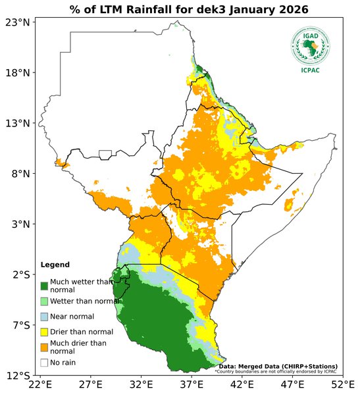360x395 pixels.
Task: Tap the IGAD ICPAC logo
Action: [311, 48]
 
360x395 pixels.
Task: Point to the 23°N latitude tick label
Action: [18, 22]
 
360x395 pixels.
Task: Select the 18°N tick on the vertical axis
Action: [18, 72]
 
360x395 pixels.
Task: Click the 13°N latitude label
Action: [18, 123]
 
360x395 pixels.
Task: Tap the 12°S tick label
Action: [18, 376]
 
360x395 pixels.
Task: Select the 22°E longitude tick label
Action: [39, 384]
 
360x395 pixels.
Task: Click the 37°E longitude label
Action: [192, 384]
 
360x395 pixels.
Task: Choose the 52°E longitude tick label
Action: [342, 384]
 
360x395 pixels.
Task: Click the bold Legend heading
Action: [55, 265]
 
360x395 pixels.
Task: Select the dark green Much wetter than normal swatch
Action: [44, 286]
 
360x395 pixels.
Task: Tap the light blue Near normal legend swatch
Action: [44, 317]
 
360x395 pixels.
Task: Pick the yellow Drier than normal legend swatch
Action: [44, 331]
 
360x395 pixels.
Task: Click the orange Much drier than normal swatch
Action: [44, 346]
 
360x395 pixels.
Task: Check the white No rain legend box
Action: [44, 362]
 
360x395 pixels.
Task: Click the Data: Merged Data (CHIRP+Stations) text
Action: [278, 366]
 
